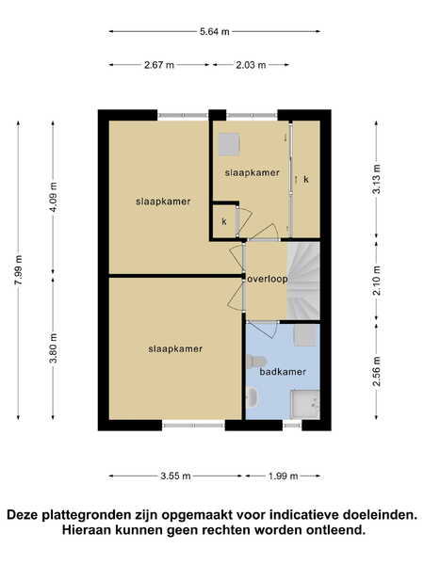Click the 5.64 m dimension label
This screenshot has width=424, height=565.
215,32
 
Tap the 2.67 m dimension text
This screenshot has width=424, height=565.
159,65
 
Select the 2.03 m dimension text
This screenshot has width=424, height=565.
251,65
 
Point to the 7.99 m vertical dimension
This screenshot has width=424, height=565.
19,270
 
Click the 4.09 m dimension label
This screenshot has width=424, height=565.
54,197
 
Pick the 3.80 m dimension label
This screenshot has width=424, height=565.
54,348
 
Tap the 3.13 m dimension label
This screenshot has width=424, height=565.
376,179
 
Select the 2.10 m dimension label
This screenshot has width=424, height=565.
376,281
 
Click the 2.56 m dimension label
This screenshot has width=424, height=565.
376,372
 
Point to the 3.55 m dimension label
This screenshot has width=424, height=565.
175,476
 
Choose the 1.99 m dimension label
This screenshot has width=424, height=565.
283,476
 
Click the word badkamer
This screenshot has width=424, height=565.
283,372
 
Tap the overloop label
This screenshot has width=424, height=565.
268,279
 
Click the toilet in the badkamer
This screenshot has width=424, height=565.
255,362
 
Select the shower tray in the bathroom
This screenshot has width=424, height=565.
305,404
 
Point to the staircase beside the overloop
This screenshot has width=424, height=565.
303,281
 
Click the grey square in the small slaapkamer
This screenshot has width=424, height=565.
229,144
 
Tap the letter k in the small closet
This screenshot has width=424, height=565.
224,221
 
